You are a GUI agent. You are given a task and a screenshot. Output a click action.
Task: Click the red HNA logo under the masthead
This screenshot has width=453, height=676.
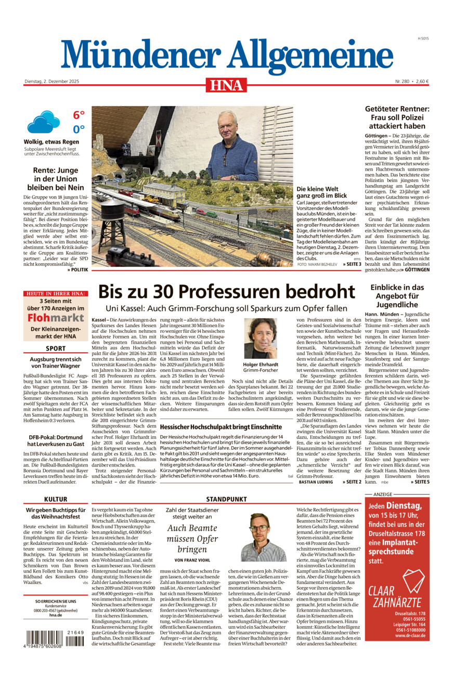click(x=226, y=85)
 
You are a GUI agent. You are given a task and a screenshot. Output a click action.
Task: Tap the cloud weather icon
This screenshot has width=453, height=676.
click(x=44, y=122)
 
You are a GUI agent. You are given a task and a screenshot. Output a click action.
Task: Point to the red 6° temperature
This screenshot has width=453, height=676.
click(x=79, y=115)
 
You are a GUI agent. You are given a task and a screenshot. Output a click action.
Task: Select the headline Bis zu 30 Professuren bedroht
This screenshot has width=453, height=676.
click(x=226, y=291)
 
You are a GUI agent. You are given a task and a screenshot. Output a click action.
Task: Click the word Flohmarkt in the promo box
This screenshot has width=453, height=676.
click(x=56, y=317)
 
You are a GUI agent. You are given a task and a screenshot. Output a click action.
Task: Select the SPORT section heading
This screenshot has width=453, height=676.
click(x=56, y=348)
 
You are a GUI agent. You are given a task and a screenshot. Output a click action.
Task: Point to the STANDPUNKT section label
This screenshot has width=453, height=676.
click(x=226, y=499)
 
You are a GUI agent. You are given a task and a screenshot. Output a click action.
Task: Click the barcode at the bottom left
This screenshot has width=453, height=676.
click(x=54, y=638)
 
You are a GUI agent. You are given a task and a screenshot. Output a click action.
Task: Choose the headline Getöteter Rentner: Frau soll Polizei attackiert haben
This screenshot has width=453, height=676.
click(x=397, y=118)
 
